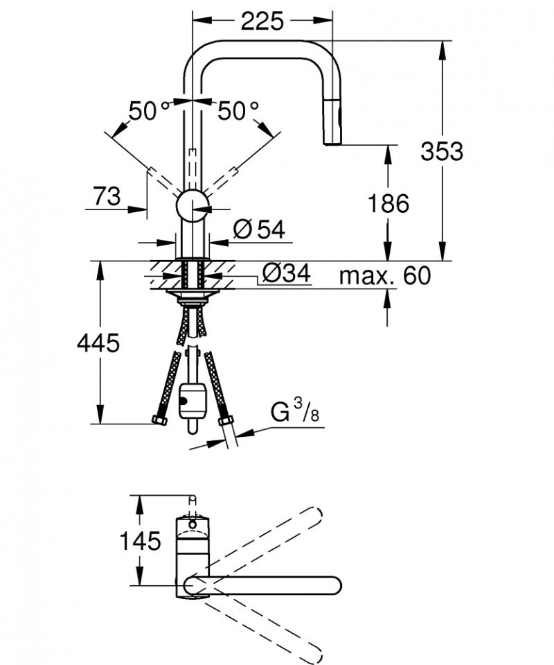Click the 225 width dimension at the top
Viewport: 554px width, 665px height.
[262, 21]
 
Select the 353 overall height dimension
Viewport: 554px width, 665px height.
[441, 150]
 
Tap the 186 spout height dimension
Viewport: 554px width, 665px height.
[388, 203]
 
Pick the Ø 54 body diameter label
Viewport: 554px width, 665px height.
[258, 230]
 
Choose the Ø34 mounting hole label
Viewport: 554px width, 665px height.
[285, 275]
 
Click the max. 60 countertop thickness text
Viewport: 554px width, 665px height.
[384, 275]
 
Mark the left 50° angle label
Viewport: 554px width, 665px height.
[148, 110]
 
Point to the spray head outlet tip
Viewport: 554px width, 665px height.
[333, 142]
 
